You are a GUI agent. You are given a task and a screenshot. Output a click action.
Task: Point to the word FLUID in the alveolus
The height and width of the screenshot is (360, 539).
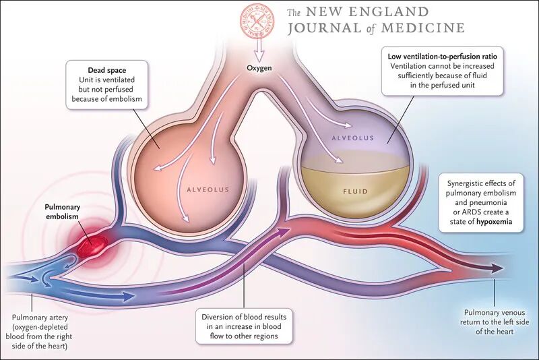click(355, 191)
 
